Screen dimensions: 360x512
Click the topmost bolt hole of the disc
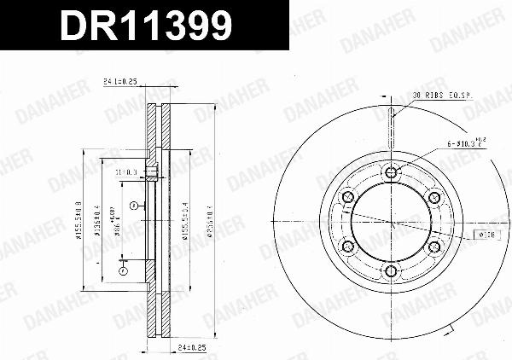pos(391,173)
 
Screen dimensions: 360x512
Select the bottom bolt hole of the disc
pos(391,272)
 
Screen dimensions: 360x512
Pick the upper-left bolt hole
pos(348,198)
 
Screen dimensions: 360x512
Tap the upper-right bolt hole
pos(433,198)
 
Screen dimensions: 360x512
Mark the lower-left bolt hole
pos(348,247)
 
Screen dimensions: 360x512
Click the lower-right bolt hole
pos(433,247)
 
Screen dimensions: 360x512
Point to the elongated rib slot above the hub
pos(391,124)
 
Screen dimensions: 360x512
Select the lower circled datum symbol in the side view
pos(123,271)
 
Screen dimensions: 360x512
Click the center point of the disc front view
pos(391,223)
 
